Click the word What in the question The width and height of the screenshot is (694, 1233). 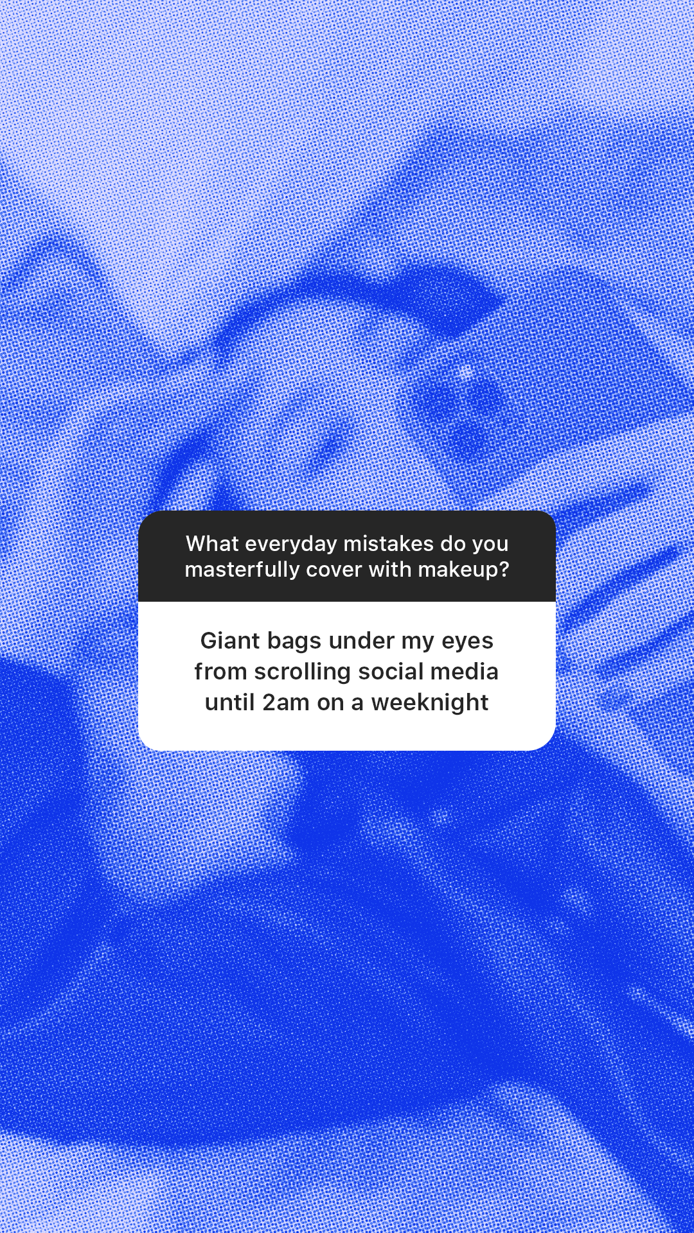pyautogui.click(x=212, y=544)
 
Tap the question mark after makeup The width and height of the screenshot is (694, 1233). pyautogui.click(x=503, y=570)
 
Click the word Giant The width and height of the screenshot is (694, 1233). pyautogui.click(x=230, y=641)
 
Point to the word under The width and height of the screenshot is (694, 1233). pyautogui.click(x=361, y=641)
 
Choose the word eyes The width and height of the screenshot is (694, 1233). pyautogui.click(x=467, y=641)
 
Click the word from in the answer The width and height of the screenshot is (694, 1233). pyautogui.click(x=220, y=672)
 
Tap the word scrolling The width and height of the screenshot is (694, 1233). pyautogui.click(x=302, y=672)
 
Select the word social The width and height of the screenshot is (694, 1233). pyautogui.click(x=391, y=672)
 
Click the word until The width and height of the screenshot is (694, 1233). pyautogui.click(x=229, y=703)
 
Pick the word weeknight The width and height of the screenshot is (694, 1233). pyautogui.click(x=430, y=703)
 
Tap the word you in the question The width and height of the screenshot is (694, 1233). pyautogui.click(x=490, y=544)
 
